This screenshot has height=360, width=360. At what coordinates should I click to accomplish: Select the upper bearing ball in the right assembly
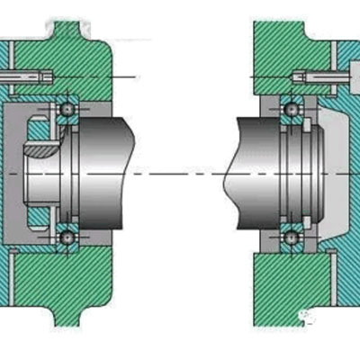tap(290, 109)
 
